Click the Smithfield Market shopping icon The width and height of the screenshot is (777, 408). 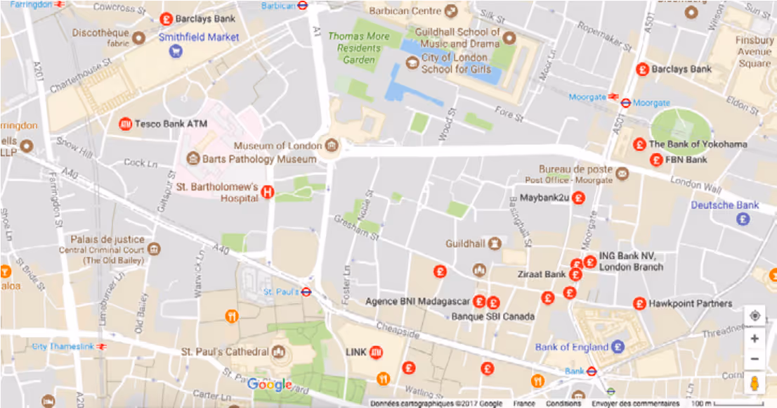pyautogui.click(x=176, y=51)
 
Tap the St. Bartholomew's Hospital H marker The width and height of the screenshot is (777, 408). pyautogui.click(x=267, y=191)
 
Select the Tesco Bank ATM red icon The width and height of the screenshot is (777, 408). pyautogui.click(x=126, y=124)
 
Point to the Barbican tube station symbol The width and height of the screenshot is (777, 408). pyautogui.click(x=302, y=5)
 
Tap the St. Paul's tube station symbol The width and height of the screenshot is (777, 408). pyautogui.click(x=306, y=291)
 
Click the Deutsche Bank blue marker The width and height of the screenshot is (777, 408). pyautogui.click(x=743, y=219)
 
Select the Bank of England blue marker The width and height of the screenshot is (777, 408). pyautogui.click(x=618, y=347)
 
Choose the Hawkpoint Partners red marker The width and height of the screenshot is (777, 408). pyautogui.click(x=639, y=304)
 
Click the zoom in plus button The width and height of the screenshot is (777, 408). pyautogui.click(x=755, y=338)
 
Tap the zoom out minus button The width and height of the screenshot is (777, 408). pyautogui.click(x=755, y=359)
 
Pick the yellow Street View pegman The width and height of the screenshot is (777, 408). pyautogui.click(x=755, y=384)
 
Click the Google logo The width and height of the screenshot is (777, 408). pyautogui.click(x=270, y=384)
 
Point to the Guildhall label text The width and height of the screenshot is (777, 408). pyautogui.click(x=466, y=243)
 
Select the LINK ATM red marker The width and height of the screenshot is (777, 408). pyautogui.click(x=376, y=352)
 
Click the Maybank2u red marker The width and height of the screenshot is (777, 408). pyautogui.click(x=579, y=198)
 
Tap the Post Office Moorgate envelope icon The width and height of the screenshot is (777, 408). pyautogui.click(x=622, y=173)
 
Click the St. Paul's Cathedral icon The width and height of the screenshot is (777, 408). pyautogui.click(x=279, y=351)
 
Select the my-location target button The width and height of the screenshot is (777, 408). pyautogui.click(x=755, y=316)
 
